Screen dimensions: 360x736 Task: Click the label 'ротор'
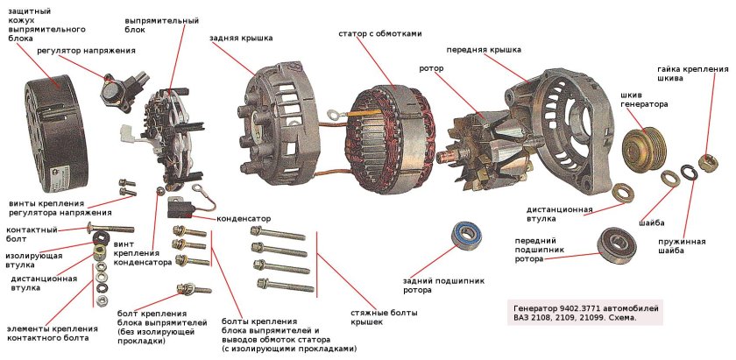[x=432, y=68]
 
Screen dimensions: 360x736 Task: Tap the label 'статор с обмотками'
[x=380, y=33]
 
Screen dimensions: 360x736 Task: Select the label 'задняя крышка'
[x=241, y=39]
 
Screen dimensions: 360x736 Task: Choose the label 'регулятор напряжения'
[x=86, y=51]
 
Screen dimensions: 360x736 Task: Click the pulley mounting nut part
[x=707, y=163]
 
